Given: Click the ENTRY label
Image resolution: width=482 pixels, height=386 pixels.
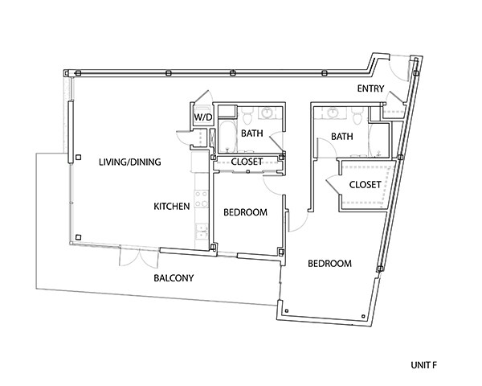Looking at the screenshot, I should coord(371,88).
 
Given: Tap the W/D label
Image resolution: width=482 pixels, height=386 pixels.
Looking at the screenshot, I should coord(200,117).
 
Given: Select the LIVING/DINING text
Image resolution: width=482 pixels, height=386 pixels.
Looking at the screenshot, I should coord(130,162).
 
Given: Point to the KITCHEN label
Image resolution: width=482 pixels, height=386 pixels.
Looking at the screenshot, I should coord(172,207).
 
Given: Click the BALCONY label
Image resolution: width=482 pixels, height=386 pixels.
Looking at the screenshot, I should coord(174,278).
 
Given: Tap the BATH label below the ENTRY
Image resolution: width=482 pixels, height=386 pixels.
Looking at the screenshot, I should coord(343,138).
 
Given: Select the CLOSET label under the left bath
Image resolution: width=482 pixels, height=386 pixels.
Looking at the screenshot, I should coord(247,162).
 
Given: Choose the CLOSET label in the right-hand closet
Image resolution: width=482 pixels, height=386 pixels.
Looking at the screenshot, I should coord(365,186).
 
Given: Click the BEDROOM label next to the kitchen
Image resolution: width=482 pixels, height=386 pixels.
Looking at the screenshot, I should coord(245,212).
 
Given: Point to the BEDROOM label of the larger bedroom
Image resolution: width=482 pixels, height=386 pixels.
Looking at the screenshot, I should coord(331,263).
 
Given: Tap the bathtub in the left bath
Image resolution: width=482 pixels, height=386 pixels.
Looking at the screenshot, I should coord(227,136).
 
